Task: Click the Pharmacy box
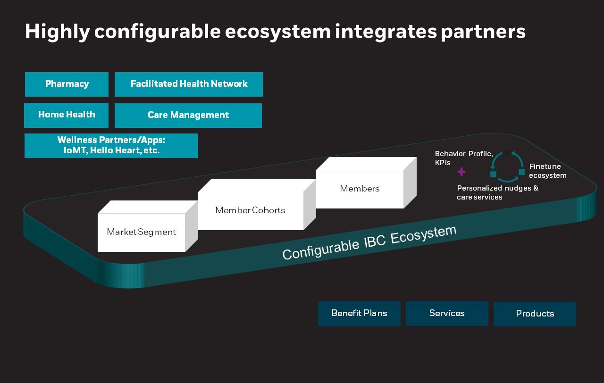point(67,84)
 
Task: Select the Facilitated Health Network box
point(189,84)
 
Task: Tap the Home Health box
point(67,115)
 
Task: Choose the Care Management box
point(188,116)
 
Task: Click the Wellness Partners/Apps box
point(111,146)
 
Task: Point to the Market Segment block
point(141,232)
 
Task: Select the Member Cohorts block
point(250,210)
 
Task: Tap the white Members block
point(360,189)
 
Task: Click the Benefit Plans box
point(359,314)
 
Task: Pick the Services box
point(447,314)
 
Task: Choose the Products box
point(535,314)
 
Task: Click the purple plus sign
point(461,172)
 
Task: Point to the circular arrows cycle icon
point(507,167)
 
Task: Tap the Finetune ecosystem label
point(547,171)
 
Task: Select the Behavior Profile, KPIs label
point(463,158)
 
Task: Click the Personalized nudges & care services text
point(497,192)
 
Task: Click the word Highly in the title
point(57,32)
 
